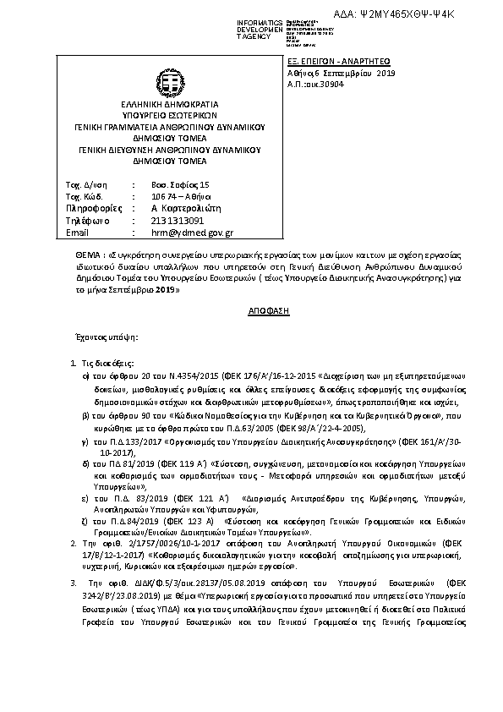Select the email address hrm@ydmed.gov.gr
(192, 233)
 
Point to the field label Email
(77, 233)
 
